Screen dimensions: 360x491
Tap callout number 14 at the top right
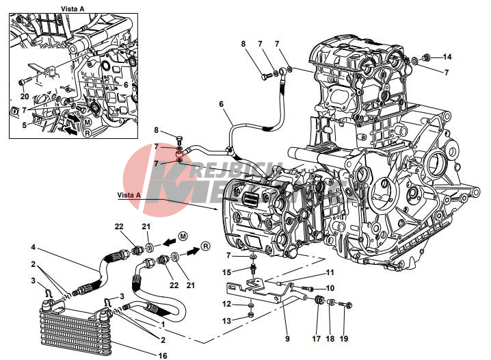point(447,57)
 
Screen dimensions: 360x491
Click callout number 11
point(330,272)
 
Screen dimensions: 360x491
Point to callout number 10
point(330,288)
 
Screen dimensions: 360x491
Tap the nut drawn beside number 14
point(425,56)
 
